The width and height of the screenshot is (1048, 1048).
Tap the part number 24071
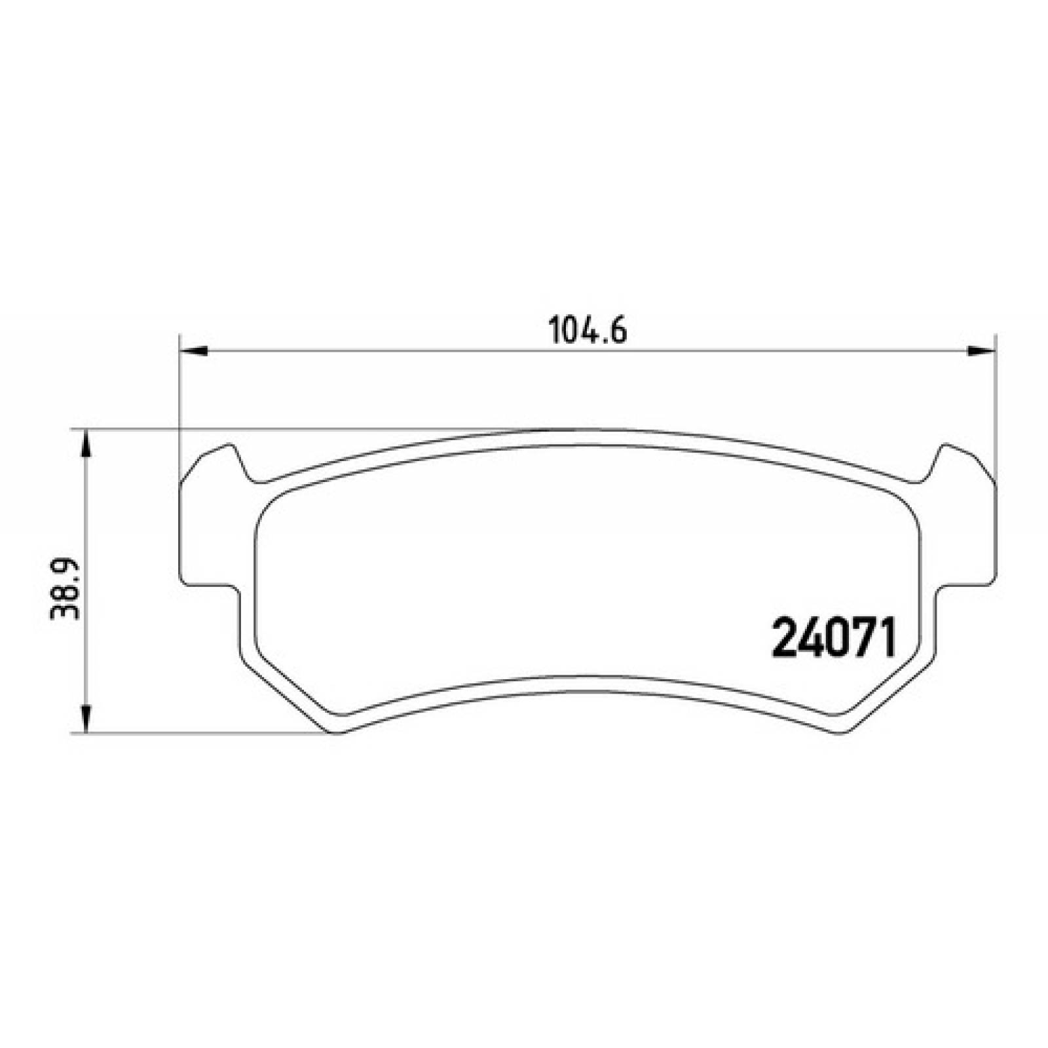(833, 640)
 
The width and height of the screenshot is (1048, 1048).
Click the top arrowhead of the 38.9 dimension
(85, 444)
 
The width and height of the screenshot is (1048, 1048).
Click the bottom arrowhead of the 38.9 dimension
(85, 719)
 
